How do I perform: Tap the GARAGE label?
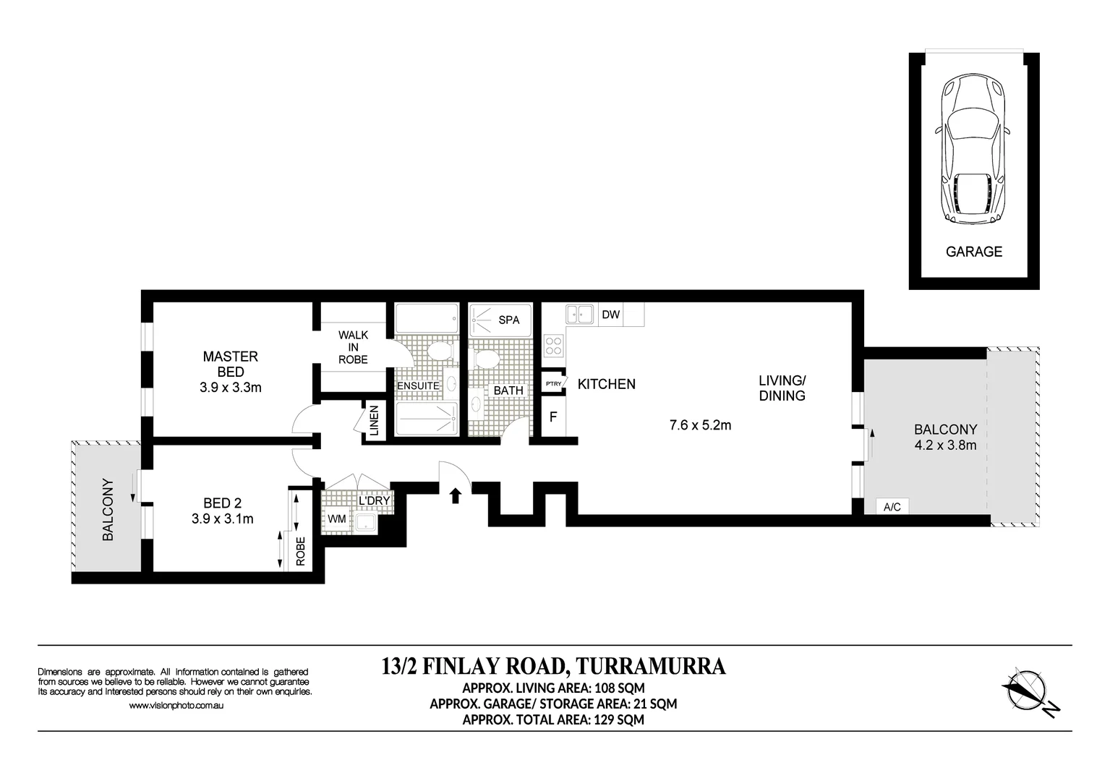[974, 252]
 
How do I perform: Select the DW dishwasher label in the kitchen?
[611, 315]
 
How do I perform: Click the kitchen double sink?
[579, 314]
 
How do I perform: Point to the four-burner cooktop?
[554, 345]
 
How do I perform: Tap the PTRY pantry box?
[553, 383]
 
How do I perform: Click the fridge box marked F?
[553, 417]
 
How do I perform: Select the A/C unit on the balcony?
[892, 506]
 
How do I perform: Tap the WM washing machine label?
[336, 518]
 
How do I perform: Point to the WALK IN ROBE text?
[353, 347]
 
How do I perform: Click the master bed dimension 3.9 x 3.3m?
[230, 388]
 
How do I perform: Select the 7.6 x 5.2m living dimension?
[699, 425]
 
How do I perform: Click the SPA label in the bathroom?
[509, 320]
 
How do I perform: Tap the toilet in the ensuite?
[439, 351]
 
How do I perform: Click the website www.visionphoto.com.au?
[175, 706]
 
